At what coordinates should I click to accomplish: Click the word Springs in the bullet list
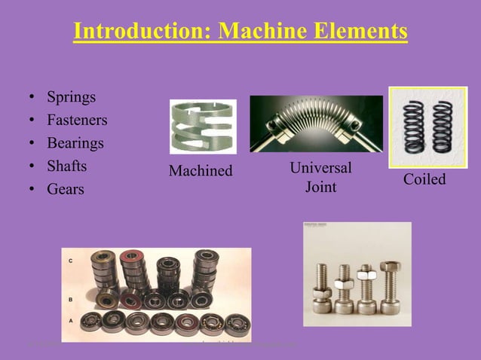point(71,97)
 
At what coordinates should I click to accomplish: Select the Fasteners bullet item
point(77,120)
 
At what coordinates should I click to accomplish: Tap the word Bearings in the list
point(75,143)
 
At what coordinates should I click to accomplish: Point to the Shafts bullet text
point(67,166)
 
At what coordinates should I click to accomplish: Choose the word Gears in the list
point(66,189)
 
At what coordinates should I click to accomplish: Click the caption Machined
point(201,171)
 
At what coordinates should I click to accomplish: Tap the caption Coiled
point(424,179)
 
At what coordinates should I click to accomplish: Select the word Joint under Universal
point(320,185)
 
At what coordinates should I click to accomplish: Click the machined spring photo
point(202,126)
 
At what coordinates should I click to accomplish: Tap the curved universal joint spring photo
point(316,124)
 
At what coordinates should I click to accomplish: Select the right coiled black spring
point(443,127)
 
